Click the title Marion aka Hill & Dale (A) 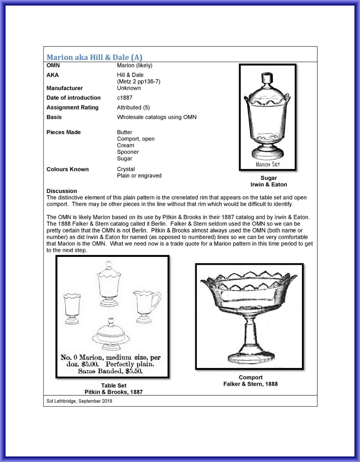(94, 57)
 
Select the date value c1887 (125, 98)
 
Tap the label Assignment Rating (72, 108)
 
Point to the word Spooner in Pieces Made (128, 152)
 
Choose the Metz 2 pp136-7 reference (138, 81)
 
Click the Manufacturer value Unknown (129, 88)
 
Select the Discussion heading (62, 191)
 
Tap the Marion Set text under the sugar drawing (268, 164)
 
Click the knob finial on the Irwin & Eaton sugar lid (266, 78)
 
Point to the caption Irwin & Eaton (269, 185)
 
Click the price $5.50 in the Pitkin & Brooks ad (133, 371)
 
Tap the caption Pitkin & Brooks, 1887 (114, 392)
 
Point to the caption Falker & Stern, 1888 (251, 384)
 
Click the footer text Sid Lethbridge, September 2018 (79, 401)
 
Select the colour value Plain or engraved (139, 176)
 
